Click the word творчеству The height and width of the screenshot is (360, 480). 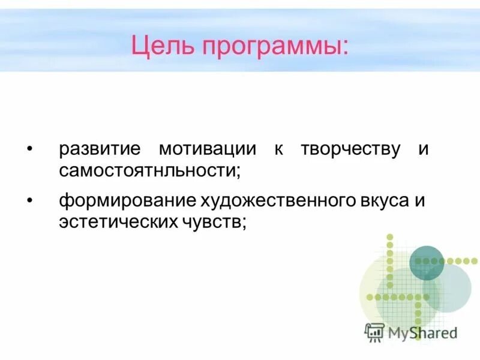click(351, 149)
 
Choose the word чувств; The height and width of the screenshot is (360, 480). click(214, 221)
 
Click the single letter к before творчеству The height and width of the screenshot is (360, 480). click(279, 149)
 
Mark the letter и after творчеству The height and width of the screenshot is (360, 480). click(424, 149)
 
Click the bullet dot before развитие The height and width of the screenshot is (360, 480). click(29, 149)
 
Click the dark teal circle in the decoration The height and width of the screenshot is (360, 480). click(427, 263)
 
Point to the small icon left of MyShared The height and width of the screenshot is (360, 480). click(374, 331)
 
